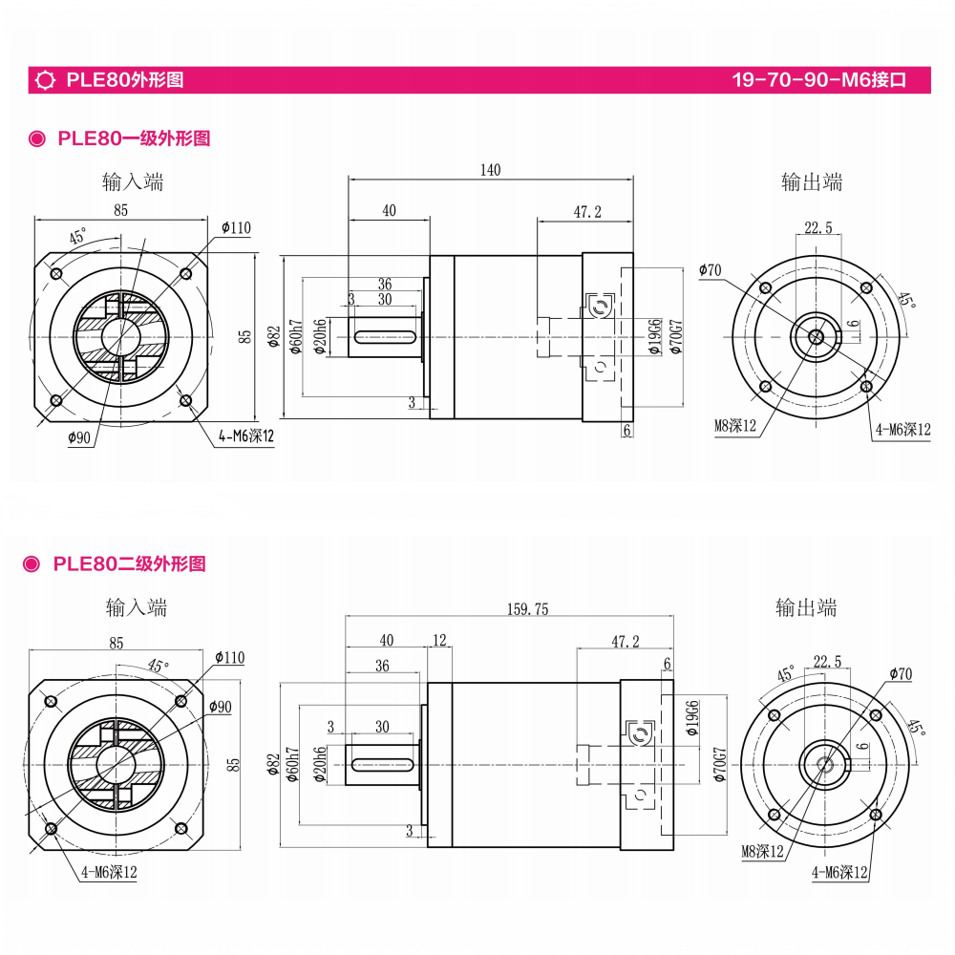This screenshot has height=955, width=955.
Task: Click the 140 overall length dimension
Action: [490, 170]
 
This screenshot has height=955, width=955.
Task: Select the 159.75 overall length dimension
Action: [527, 608]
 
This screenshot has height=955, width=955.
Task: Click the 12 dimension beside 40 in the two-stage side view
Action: [439, 640]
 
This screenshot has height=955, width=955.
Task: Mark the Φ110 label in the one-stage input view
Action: [236, 227]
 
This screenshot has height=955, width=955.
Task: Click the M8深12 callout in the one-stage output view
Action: [734, 426]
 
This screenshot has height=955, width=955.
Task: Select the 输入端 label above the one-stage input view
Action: [133, 181]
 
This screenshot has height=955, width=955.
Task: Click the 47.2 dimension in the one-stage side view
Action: [587, 212]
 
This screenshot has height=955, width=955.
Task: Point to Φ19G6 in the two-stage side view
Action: [692, 719]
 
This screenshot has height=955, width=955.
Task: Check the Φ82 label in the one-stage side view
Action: [274, 337]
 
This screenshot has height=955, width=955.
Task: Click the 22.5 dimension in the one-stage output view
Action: [818, 227]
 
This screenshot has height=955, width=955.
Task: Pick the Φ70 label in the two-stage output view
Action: [900, 674]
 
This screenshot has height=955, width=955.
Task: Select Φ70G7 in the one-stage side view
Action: [676, 337]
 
